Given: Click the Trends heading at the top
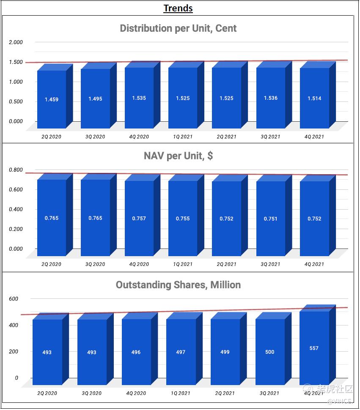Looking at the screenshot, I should (178, 8).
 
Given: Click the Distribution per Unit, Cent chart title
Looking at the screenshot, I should (178, 28).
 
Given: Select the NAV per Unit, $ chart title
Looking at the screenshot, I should (178, 156).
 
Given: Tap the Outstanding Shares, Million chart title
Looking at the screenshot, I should (178, 285).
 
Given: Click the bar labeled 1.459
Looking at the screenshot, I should (52, 99).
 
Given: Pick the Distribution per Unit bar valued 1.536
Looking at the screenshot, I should (270, 98).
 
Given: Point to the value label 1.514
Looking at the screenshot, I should (314, 98).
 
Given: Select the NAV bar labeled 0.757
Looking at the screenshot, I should (139, 218).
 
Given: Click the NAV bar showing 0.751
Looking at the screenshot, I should (270, 219).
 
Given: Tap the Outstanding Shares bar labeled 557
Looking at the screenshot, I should (314, 348).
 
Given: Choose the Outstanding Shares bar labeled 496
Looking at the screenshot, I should (136, 352).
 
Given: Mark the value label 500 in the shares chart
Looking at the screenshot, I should (269, 352).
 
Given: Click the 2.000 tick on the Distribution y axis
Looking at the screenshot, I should (16, 42).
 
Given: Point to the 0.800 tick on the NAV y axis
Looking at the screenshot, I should (16, 170).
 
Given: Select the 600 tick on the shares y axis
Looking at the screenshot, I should (14, 299).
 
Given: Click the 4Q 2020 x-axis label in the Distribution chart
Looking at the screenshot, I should (139, 137).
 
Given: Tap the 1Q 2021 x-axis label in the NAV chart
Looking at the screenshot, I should (183, 264).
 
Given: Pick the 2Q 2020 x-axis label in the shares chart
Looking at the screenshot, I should (47, 393).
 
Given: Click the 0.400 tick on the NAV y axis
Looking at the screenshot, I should (16, 209).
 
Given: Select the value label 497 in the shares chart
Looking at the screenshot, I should (181, 352).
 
